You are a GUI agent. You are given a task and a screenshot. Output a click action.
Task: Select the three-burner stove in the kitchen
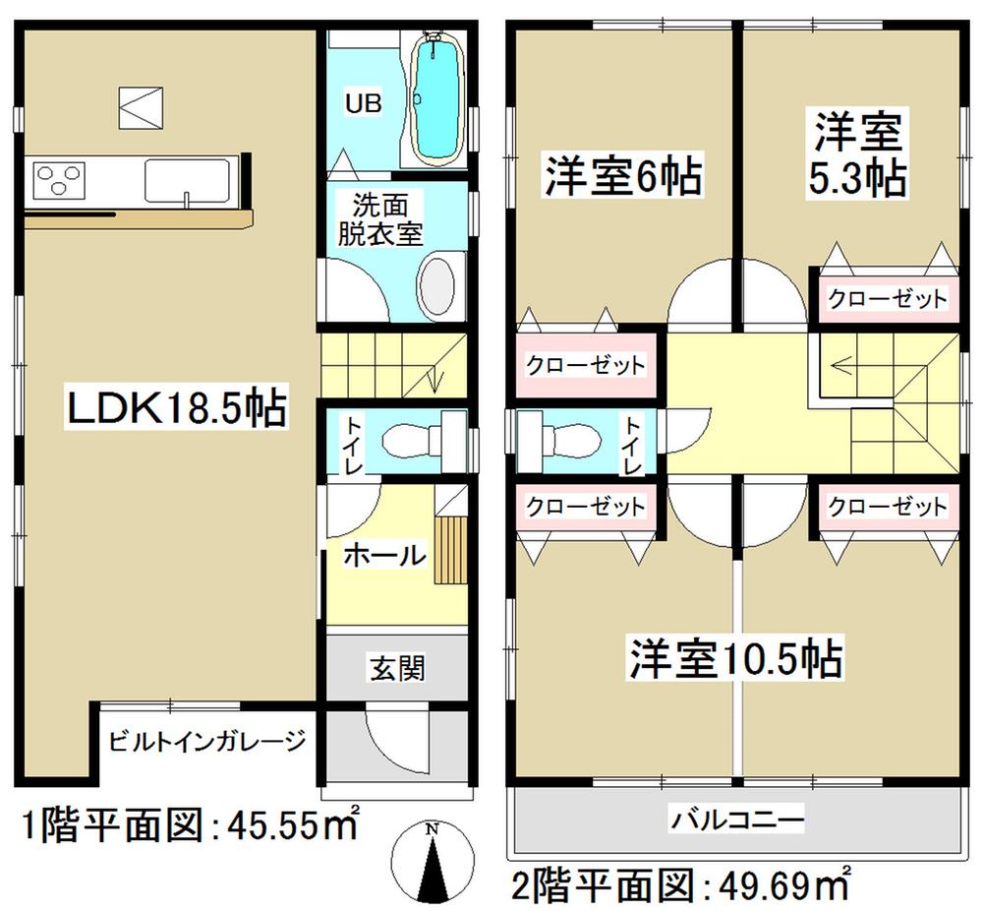[59, 181]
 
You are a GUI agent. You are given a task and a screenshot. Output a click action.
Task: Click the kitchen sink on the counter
[187, 181]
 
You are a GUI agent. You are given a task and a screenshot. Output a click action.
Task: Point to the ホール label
[384, 556]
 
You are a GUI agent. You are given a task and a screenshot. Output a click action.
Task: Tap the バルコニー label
[738, 818]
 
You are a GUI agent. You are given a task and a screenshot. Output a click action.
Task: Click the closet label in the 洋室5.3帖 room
[886, 298]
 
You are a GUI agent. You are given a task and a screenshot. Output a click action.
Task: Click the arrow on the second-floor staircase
[845, 365]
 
